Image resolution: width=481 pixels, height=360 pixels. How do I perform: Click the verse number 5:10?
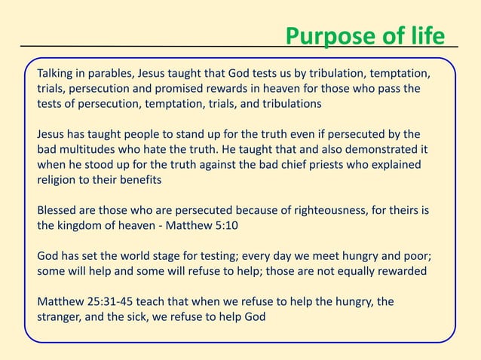coord(219,224)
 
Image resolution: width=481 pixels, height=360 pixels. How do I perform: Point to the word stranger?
coord(60,316)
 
